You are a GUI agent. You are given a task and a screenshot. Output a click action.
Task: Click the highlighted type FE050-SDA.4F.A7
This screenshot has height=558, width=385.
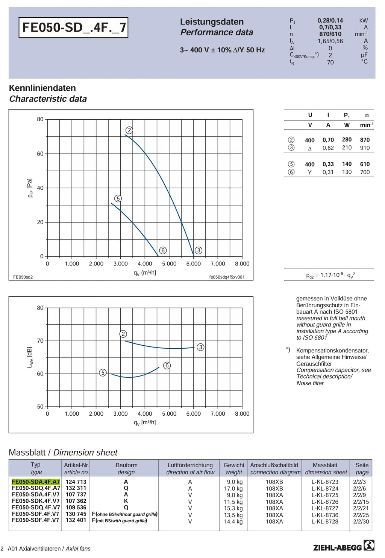click(x=36, y=482)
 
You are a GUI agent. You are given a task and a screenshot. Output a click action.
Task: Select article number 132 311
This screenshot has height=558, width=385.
click(x=76, y=488)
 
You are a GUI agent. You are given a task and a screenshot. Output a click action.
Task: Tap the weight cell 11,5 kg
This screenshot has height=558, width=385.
click(x=233, y=502)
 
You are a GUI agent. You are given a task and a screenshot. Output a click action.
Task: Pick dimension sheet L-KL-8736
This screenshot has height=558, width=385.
click(x=325, y=515)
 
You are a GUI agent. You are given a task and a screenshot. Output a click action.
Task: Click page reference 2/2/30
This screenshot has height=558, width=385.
click(x=361, y=521)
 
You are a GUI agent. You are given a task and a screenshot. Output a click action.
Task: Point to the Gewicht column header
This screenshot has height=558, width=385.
click(x=234, y=465)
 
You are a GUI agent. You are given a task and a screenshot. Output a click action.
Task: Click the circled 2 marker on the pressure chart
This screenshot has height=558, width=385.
click(x=129, y=130)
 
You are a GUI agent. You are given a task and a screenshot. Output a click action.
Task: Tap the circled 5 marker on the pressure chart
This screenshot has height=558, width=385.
click(x=118, y=198)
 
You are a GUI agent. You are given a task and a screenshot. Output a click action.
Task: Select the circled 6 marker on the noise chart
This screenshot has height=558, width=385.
click(x=167, y=366)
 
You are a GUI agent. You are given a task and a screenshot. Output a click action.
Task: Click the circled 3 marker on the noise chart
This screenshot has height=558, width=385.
click(x=200, y=347)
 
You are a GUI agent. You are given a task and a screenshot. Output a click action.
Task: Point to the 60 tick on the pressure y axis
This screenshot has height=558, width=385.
click(x=40, y=154)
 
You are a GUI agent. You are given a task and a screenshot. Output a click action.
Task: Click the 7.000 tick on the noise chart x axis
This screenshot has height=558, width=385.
click(x=218, y=414)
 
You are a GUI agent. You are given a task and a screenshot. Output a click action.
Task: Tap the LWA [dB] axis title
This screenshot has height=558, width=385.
click(x=30, y=357)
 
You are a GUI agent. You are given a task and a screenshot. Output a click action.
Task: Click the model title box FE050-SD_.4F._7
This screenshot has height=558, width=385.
click(x=73, y=27)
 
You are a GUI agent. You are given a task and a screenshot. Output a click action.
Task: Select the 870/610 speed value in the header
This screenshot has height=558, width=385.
click(x=330, y=34)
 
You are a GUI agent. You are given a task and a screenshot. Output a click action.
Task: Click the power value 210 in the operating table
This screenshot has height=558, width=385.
click(x=347, y=148)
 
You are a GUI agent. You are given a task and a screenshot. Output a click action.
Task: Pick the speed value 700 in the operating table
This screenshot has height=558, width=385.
click(x=365, y=172)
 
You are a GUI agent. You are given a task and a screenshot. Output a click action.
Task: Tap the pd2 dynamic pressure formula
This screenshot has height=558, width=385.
click(x=331, y=275)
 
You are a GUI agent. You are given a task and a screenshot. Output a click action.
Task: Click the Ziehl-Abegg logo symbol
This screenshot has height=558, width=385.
click(x=369, y=545)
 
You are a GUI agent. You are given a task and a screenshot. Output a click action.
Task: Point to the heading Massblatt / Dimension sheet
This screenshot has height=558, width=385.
click(x=63, y=452)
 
